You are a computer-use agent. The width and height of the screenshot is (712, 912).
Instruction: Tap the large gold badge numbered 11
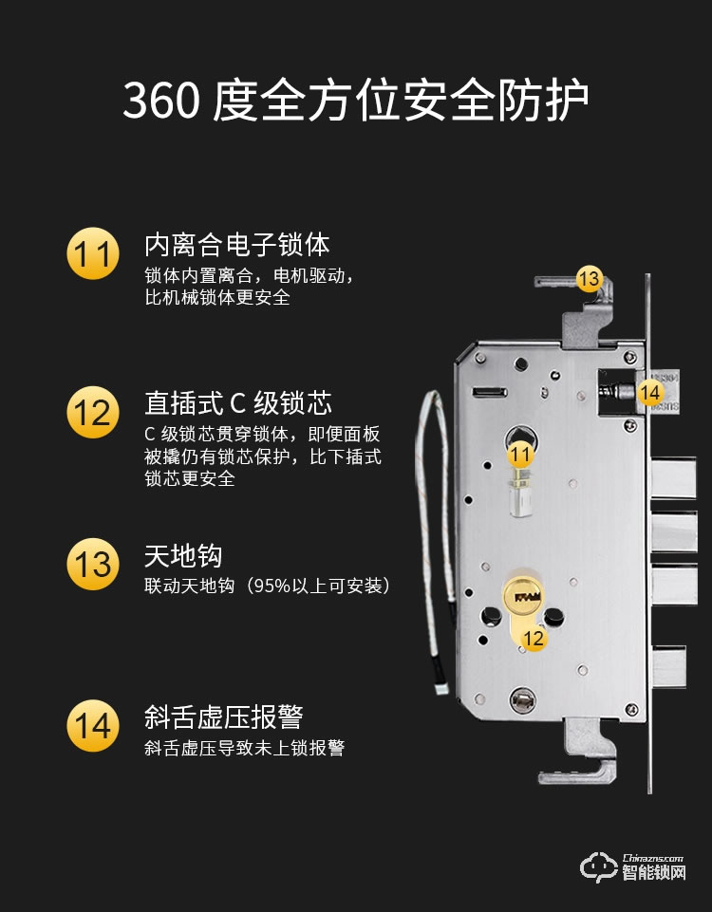pos(93,255)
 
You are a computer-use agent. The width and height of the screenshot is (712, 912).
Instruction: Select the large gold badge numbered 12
pos(93,413)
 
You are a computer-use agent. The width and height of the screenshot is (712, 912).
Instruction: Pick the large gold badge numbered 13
pos(93,565)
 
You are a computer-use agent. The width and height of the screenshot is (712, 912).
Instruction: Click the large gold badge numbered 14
pos(93,725)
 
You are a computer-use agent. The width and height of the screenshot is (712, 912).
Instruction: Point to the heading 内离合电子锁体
pos(236,245)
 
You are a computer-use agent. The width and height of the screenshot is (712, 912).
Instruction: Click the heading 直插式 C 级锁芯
pos(238,403)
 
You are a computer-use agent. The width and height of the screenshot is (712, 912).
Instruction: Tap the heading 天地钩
pos(183,555)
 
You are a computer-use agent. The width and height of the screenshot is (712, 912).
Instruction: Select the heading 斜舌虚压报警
pos(223,716)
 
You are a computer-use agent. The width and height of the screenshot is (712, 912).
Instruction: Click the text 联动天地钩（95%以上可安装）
pos(267,586)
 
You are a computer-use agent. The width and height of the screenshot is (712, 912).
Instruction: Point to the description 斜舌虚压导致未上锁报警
pos(244,749)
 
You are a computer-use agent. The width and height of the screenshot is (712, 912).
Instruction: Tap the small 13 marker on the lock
pos(589,279)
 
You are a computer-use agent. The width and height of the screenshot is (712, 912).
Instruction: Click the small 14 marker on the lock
pos(649,391)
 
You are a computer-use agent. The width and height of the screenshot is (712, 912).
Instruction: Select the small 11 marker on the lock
pos(519,455)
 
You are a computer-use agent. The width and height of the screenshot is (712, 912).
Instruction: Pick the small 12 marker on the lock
pos(534,639)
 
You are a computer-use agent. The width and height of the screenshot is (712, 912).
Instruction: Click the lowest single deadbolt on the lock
pos(668,667)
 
